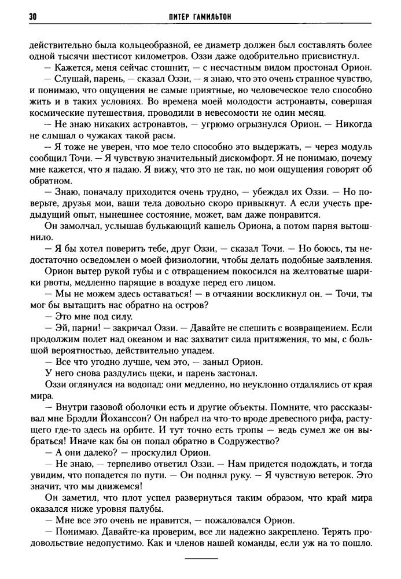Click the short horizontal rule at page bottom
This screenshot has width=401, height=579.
click(x=201, y=558)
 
